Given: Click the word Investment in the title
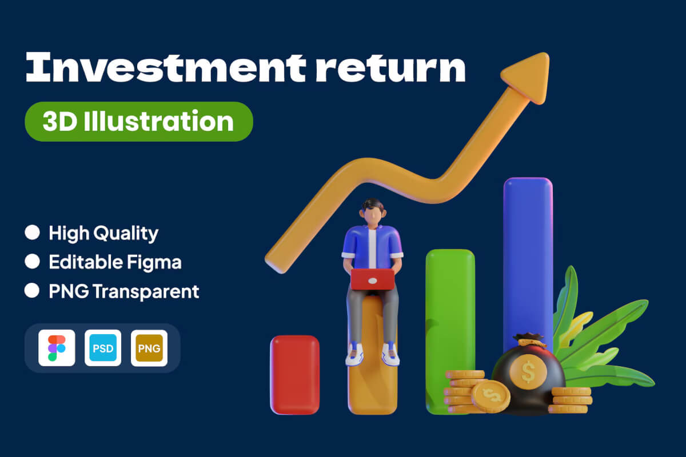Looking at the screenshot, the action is [166, 67].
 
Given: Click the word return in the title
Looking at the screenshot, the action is [391, 69].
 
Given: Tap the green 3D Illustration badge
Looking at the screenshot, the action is [139, 122].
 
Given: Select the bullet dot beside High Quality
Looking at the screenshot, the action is [32, 232].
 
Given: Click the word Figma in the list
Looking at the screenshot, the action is [154, 263].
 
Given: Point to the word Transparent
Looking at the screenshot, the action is [146, 291].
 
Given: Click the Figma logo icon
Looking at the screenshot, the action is [57, 348].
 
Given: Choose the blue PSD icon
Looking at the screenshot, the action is [103, 348].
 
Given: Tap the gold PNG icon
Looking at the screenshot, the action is [149, 348].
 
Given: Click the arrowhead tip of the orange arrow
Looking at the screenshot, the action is [546, 55].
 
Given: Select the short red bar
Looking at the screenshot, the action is [294, 375].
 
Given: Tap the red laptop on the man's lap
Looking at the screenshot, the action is [372, 279].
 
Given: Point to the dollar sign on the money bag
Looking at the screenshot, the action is [528, 372].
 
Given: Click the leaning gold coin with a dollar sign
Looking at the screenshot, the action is [490, 396].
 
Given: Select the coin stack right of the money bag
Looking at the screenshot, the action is [571, 400].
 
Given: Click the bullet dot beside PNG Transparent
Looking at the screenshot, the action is [32, 290].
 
